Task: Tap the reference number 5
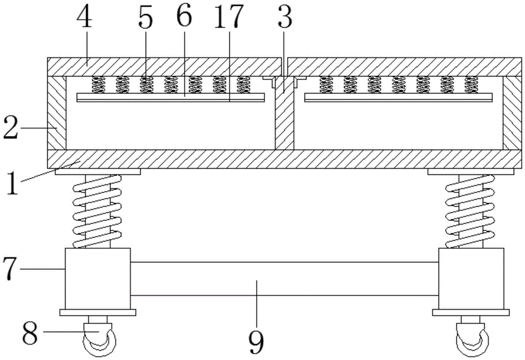[145, 19]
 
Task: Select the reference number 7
[12, 268]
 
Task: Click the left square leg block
[98, 279]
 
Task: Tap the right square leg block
[471, 279]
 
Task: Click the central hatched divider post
[284, 121]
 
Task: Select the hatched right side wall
[512, 113]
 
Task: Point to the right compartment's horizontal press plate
[399, 98]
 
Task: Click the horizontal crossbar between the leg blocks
[283, 279]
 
